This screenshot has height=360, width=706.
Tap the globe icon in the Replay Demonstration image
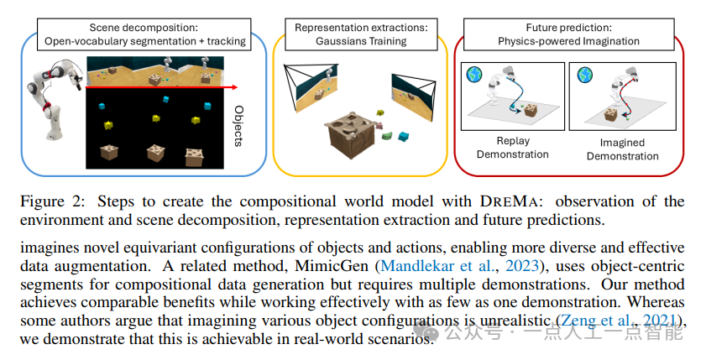click(474, 74)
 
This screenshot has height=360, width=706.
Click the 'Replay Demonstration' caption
click(512, 148)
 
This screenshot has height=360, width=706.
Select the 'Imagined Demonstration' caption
click(622, 149)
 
